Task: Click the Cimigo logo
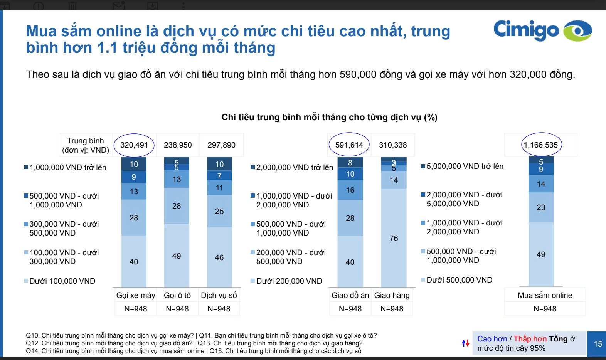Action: pyautogui.click(x=542, y=30)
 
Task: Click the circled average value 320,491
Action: pyautogui.click(x=134, y=145)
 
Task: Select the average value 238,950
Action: pyautogui.click(x=178, y=145)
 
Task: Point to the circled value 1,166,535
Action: pyautogui.click(x=540, y=145)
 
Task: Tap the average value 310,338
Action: pyautogui.click(x=393, y=145)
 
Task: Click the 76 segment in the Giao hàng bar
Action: pyautogui.click(x=394, y=238)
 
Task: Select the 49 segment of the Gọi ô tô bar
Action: pyautogui.click(x=177, y=256)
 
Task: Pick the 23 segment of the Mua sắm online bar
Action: pyautogui.click(x=541, y=207)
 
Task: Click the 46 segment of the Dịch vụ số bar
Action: pyautogui.click(x=219, y=257)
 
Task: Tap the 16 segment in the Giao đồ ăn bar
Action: pyautogui.click(x=350, y=190)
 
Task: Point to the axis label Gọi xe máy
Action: pyautogui.click(x=136, y=295)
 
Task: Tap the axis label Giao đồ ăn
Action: pyautogui.click(x=350, y=295)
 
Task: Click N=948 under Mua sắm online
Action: pyautogui.click(x=545, y=309)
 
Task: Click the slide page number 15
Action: pyautogui.click(x=598, y=344)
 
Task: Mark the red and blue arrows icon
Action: pyautogui.click(x=466, y=343)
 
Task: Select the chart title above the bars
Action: pyautogui.click(x=329, y=117)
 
